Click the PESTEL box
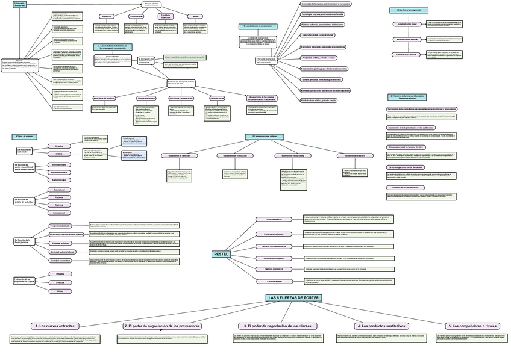click(221, 254)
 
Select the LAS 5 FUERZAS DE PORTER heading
click(293, 298)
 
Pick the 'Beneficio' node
click(106, 16)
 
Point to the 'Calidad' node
click(194, 16)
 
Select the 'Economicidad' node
click(136, 16)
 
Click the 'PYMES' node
click(59, 154)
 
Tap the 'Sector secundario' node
click(59, 172)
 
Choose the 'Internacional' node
click(59, 213)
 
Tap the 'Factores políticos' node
click(278, 219)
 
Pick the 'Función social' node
click(218, 98)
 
